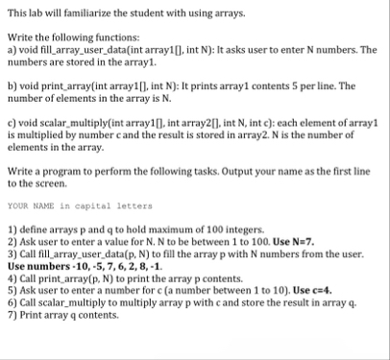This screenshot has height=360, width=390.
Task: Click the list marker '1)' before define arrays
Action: pyautogui.click(x=12, y=231)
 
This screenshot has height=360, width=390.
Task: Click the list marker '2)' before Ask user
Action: pyautogui.click(x=12, y=242)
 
